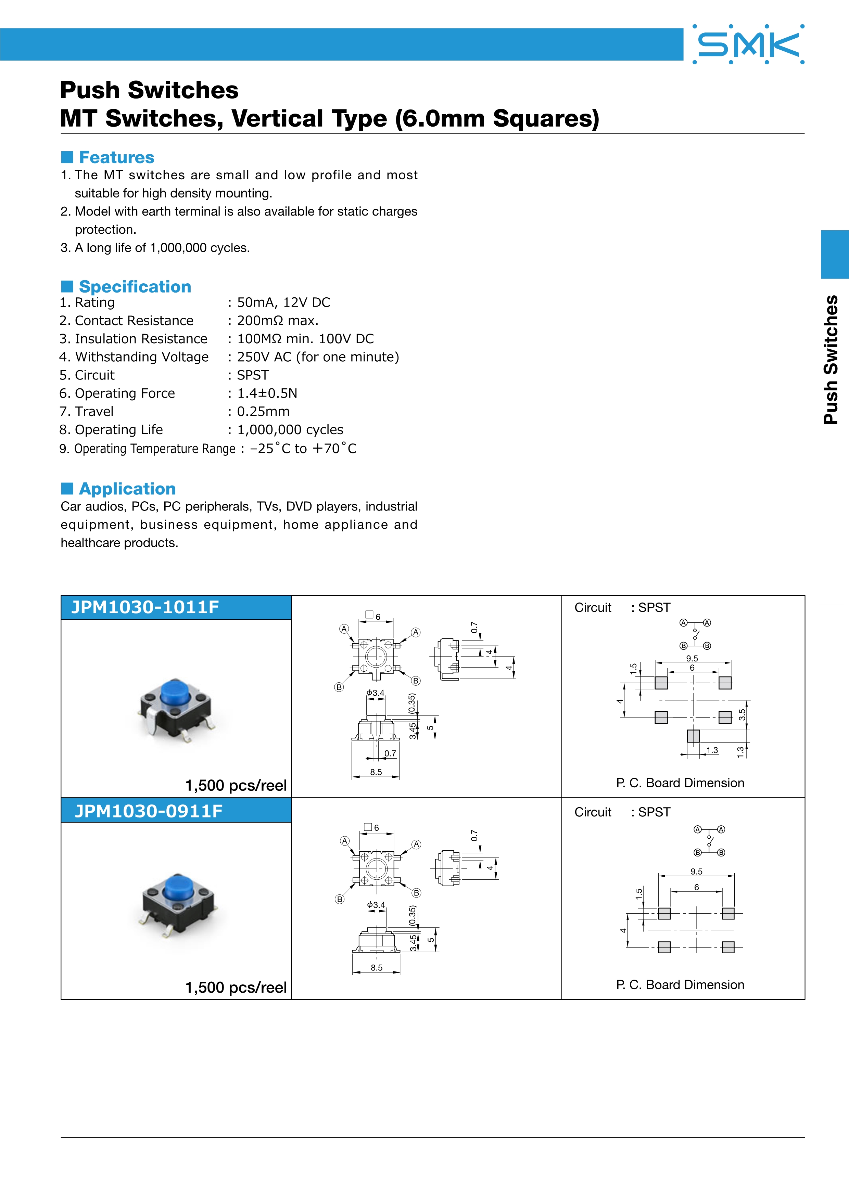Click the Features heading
(x=116, y=157)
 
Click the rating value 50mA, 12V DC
(x=283, y=302)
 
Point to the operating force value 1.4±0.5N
(x=267, y=393)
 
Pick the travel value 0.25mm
(x=263, y=412)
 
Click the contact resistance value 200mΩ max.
(x=278, y=321)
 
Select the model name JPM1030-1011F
(x=145, y=607)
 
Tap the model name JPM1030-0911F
(x=149, y=811)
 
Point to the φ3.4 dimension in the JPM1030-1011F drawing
(x=375, y=693)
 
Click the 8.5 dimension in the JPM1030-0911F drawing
(x=377, y=967)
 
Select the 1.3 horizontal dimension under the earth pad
(x=712, y=750)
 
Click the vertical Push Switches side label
(x=831, y=360)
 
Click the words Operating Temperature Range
(x=155, y=449)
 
